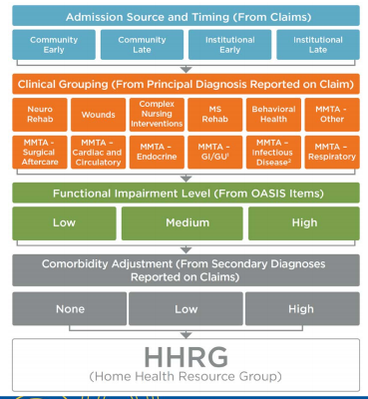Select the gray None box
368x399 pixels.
(69, 308)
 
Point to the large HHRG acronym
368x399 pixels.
(184, 355)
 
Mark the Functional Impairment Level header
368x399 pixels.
(184, 192)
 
